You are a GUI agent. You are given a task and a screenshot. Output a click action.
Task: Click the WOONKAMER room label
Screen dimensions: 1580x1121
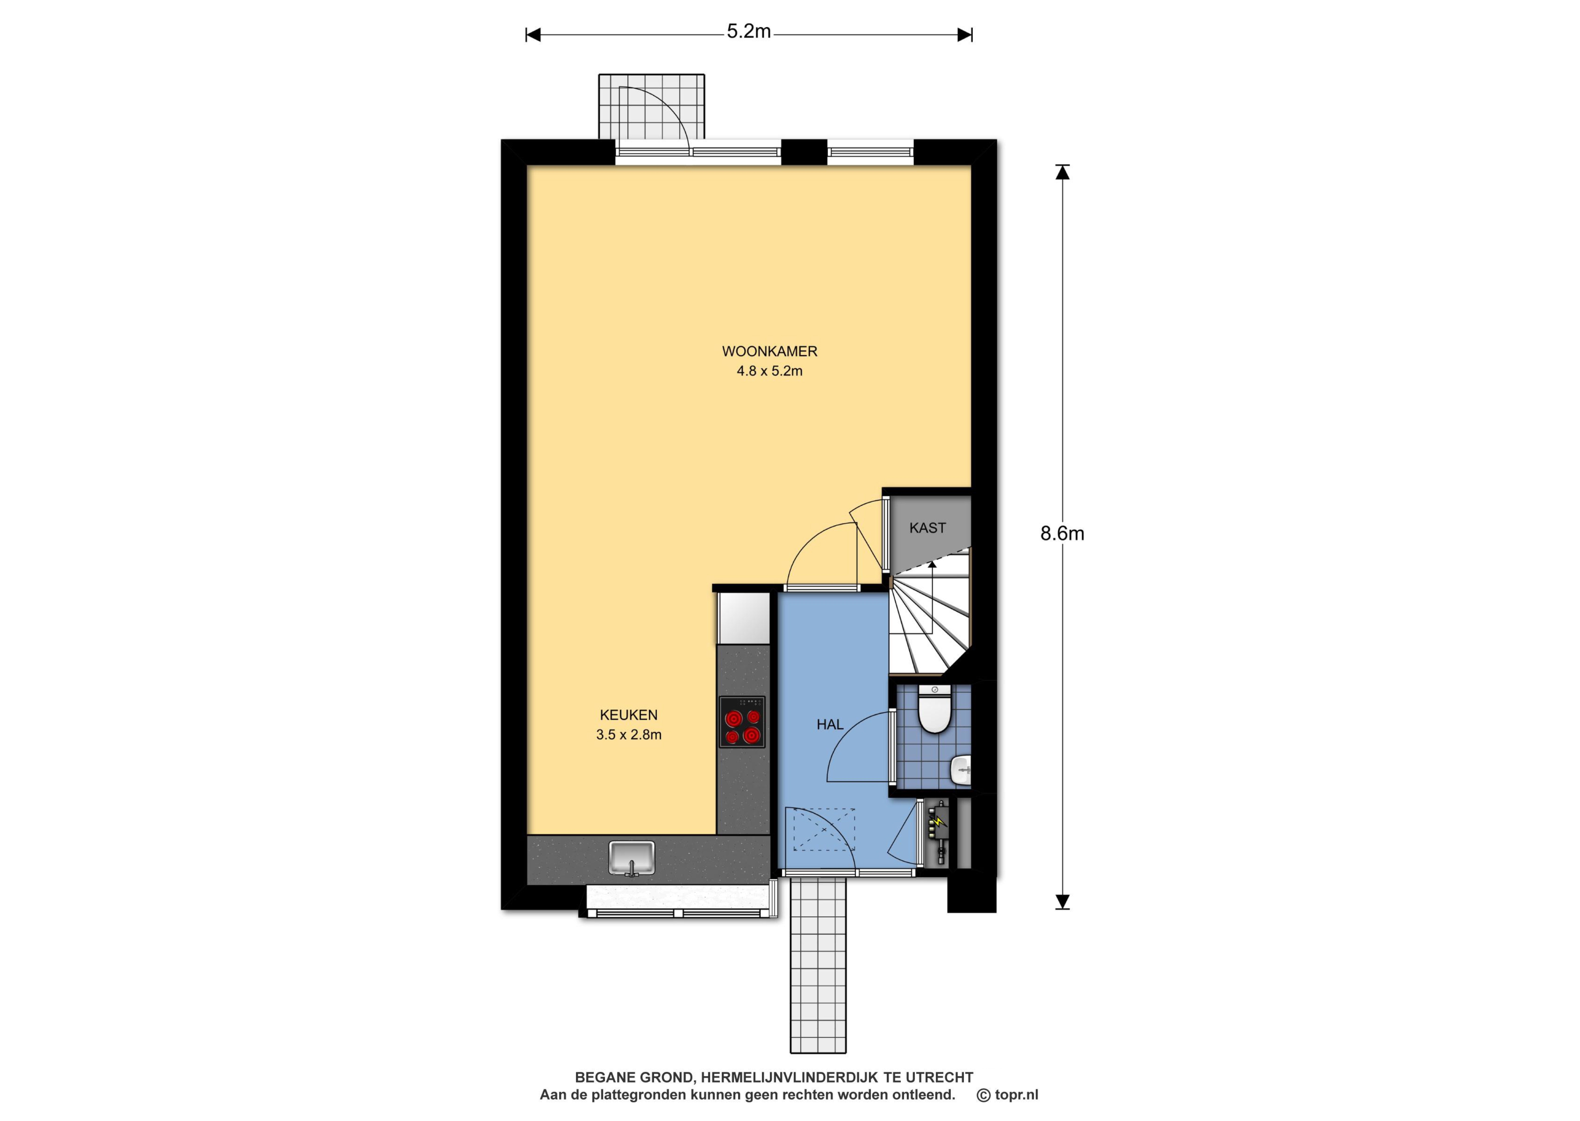click(769, 351)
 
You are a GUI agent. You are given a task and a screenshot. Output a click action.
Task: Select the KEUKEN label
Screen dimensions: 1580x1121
click(629, 715)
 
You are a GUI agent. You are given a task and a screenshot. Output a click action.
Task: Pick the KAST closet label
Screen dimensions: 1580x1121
click(927, 528)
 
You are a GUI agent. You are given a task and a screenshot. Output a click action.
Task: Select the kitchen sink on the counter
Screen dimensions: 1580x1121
click(631, 858)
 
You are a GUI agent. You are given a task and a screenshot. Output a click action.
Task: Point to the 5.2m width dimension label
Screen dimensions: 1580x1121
click(748, 32)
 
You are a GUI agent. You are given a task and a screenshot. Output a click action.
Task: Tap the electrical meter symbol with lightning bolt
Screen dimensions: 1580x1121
click(938, 833)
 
